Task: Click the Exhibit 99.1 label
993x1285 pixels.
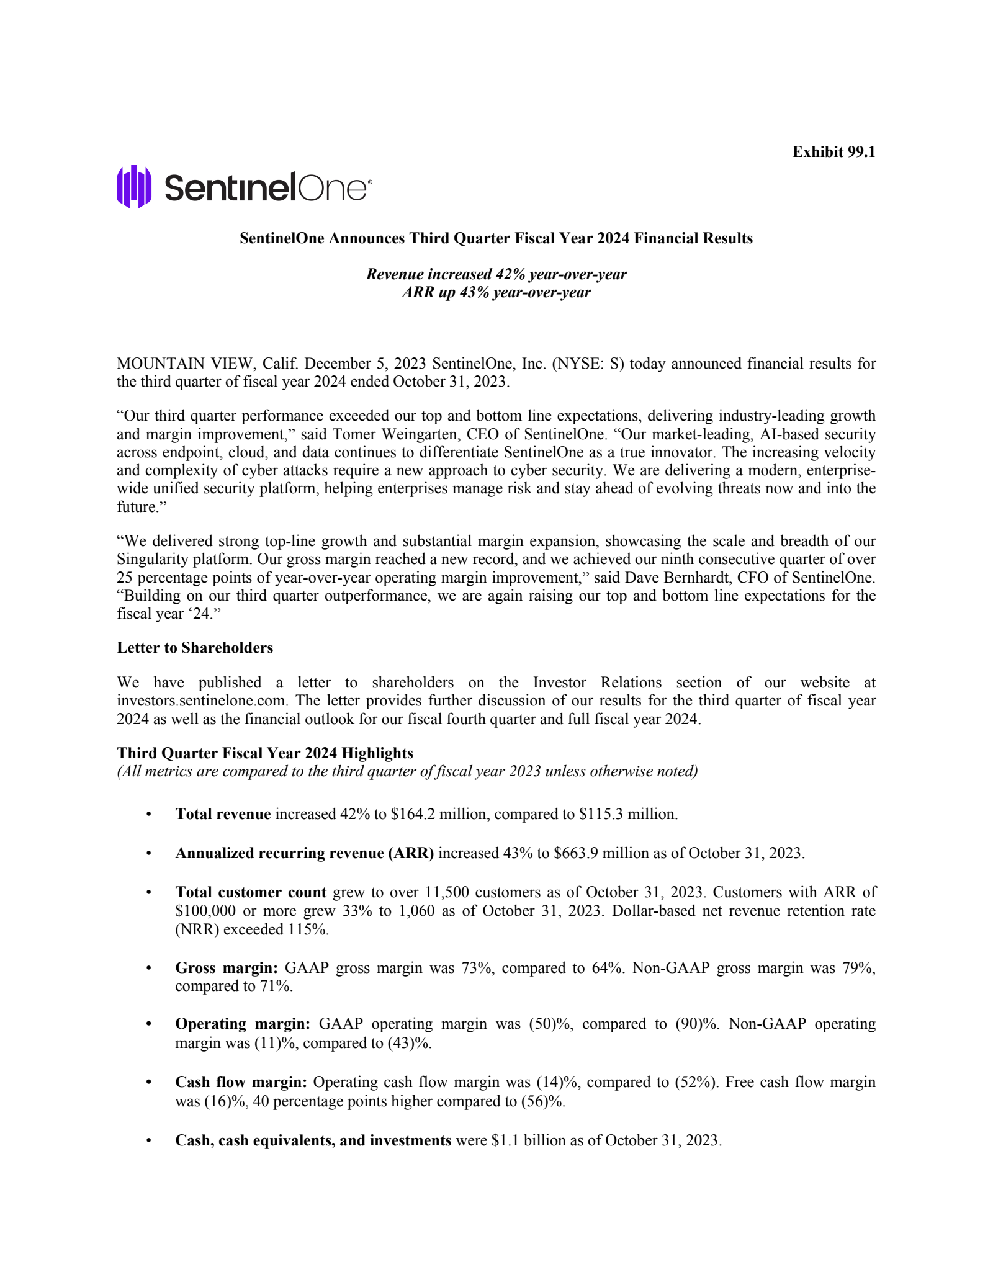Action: coord(833,152)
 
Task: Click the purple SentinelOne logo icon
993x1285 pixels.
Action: coord(134,186)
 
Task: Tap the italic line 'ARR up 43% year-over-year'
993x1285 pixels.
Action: coord(496,292)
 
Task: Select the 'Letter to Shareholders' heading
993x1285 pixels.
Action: coord(195,648)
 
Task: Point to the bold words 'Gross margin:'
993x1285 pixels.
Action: coord(227,968)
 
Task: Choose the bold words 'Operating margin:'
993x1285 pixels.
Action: coord(243,1024)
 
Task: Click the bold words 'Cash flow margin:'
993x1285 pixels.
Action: coord(241,1082)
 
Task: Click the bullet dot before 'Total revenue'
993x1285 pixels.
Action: coord(148,815)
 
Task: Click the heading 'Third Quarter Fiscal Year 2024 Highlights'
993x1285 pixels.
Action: coord(265,753)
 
